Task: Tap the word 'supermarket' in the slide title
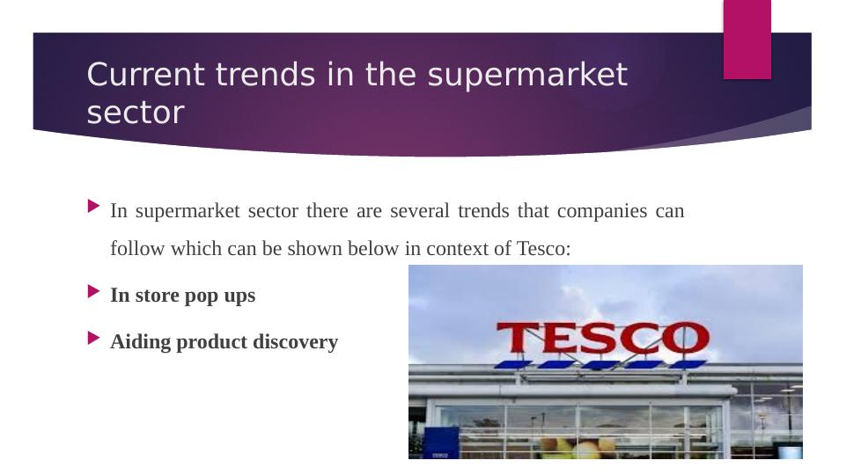click(x=527, y=77)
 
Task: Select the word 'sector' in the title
click(x=136, y=113)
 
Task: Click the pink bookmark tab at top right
click(x=747, y=39)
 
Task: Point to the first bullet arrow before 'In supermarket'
click(x=94, y=208)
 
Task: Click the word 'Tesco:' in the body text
click(x=544, y=249)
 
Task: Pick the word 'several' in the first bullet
click(x=418, y=211)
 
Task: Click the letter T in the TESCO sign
click(x=519, y=340)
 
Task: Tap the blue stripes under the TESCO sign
click(x=599, y=363)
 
